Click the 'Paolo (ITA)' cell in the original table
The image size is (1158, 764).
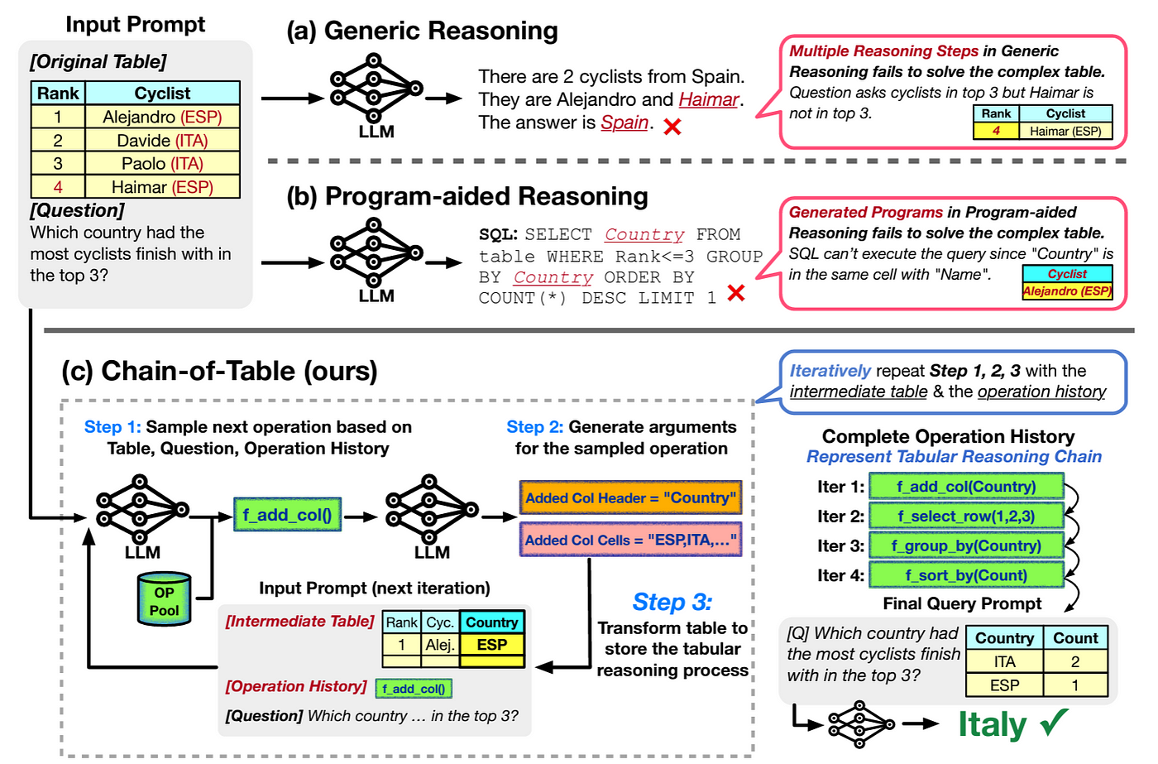click(162, 164)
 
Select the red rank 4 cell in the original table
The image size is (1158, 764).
click(58, 187)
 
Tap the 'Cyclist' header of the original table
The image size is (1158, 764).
click(162, 94)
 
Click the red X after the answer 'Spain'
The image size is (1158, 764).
click(672, 127)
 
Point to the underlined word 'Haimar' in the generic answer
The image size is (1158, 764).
click(708, 100)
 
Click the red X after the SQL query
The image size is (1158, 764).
click(735, 292)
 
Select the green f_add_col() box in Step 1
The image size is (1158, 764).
click(287, 515)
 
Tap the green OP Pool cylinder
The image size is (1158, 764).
click(164, 599)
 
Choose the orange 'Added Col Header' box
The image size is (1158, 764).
click(630, 497)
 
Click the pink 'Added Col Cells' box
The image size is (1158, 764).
click(630, 540)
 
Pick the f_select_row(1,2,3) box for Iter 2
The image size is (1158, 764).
click(966, 517)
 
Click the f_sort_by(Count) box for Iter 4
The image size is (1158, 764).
click(966, 575)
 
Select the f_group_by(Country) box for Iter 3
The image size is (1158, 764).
click(966, 545)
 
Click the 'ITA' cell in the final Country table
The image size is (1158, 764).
click(1004, 661)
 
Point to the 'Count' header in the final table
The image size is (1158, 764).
click(1075, 638)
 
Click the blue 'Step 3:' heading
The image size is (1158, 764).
click(672, 602)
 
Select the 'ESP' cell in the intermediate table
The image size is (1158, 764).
click(492, 644)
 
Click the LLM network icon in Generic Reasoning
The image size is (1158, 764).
click(376, 88)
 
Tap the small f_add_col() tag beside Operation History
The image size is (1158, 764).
click(414, 689)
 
